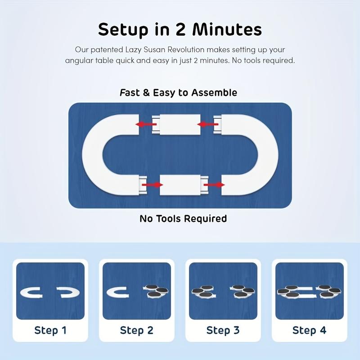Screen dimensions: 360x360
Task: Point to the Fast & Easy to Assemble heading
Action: (x=179, y=93)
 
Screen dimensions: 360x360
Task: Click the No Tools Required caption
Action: (x=183, y=219)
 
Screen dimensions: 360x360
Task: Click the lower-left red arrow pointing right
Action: (x=152, y=184)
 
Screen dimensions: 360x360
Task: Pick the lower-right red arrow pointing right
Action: (x=214, y=184)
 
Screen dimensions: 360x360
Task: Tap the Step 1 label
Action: (x=50, y=330)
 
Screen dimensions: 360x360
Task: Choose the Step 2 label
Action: (x=137, y=330)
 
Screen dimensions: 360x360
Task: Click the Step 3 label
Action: (x=223, y=330)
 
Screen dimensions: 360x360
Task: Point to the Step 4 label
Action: (x=309, y=330)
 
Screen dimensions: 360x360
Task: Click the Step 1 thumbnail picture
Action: (x=50, y=291)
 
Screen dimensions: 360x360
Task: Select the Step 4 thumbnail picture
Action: (x=309, y=291)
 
